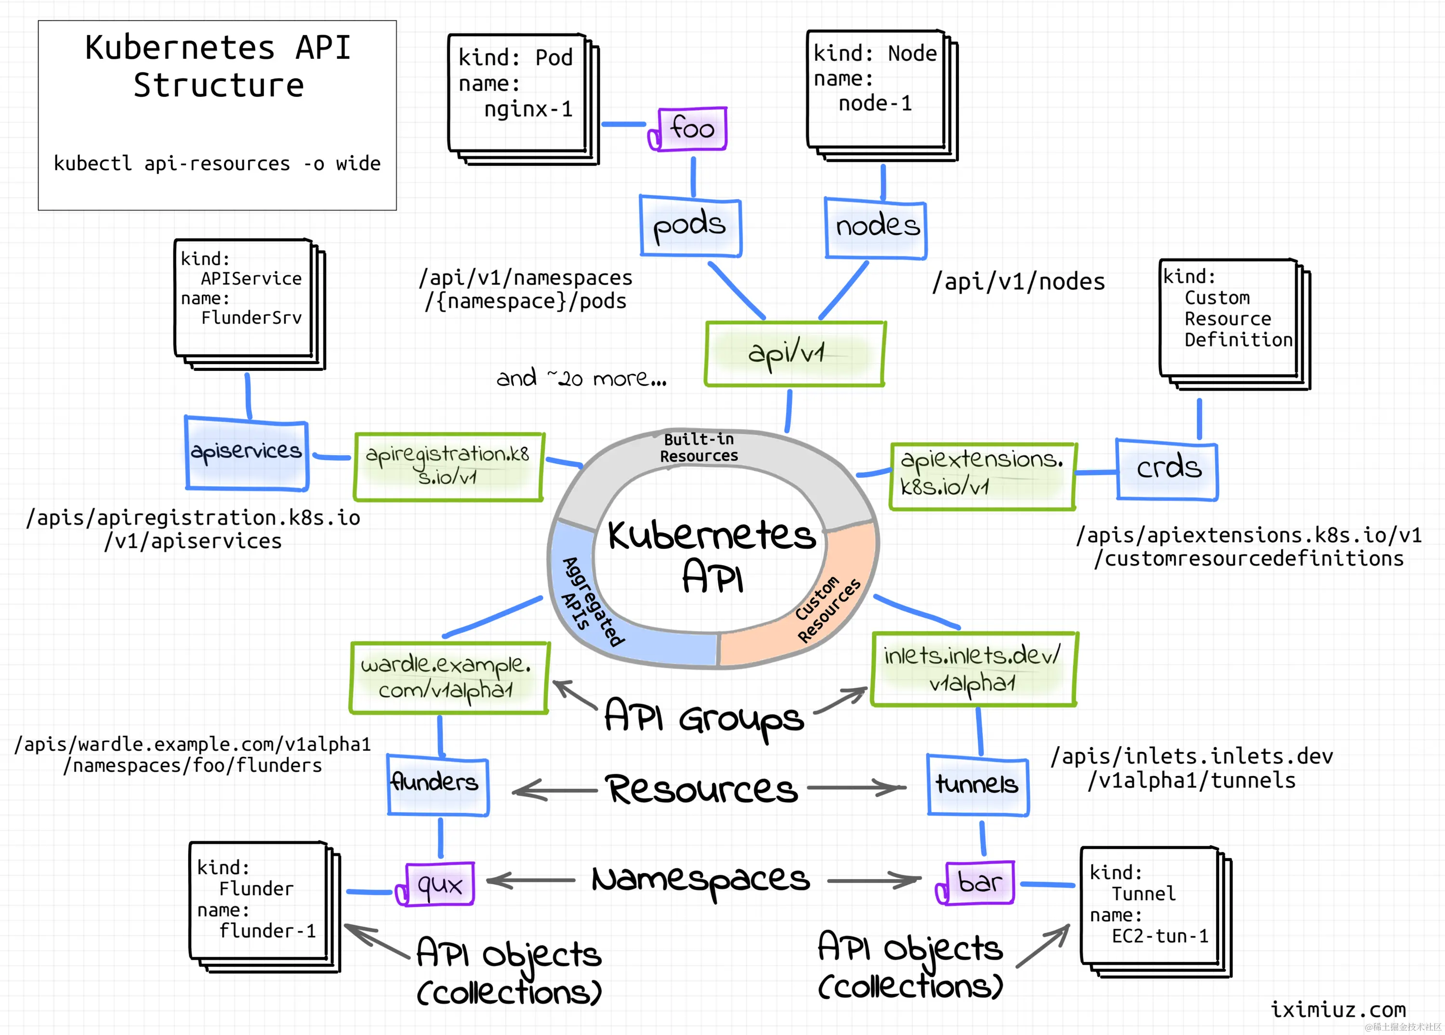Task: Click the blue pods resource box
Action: (x=690, y=226)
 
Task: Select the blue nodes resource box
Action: (x=876, y=227)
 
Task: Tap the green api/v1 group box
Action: (x=794, y=354)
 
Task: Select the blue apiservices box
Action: (x=247, y=452)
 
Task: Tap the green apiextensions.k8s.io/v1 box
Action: (x=982, y=475)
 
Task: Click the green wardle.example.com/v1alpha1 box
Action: (x=448, y=677)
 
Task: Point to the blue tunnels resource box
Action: (x=977, y=785)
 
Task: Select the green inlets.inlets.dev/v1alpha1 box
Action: (x=973, y=669)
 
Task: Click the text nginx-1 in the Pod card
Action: (x=528, y=109)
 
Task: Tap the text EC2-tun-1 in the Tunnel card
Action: (x=1159, y=936)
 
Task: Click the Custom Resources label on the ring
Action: (x=828, y=610)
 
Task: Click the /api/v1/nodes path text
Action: (x=1018, y=282)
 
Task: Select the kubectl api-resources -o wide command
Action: (x=217, y=164)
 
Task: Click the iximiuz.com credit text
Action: (x=1338, y=1009)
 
